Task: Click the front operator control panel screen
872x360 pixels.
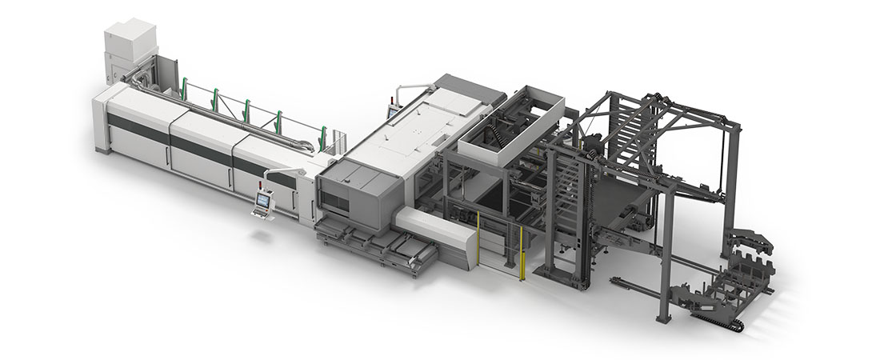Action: click(261, 201)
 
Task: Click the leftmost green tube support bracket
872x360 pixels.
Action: click(184, 87)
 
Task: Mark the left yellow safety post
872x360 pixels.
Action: click(478, 238)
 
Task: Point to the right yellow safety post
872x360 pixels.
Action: click(522, 252)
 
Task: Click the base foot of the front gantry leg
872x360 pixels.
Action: click(662, 318)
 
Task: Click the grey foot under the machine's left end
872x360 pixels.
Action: click(100, 149)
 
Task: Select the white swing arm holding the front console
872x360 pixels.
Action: click(280, 174)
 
